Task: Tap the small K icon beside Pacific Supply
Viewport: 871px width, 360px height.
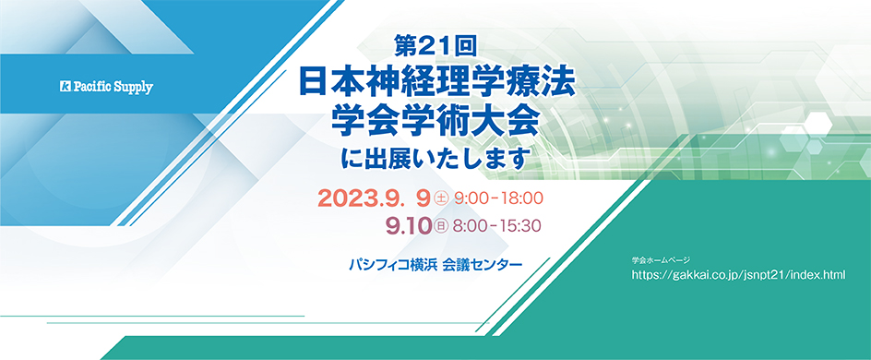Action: pyautogui.click(x=65, y=87)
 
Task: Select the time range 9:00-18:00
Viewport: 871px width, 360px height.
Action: pyautogui.click(x=498, y=198)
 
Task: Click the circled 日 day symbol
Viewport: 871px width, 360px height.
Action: pyautogui.click(x=442, y=227)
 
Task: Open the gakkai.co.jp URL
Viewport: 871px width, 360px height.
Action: pyautogui.click(x=739, y=275)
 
